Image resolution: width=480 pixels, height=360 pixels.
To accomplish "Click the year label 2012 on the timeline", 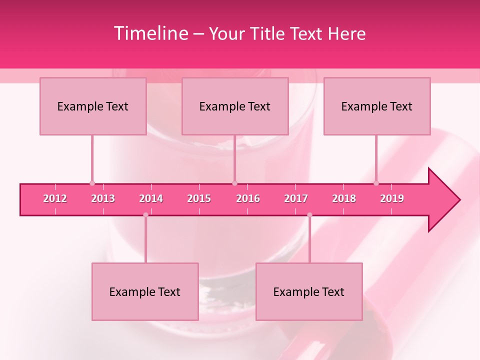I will coord(55,198).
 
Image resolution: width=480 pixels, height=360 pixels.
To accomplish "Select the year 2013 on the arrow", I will coord(103,198).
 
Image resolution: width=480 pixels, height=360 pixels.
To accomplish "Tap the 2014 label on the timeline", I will coord(151,198).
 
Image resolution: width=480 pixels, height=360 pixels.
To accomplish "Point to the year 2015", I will coord(199,198).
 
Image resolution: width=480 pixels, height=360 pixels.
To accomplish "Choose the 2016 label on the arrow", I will coord(248,198).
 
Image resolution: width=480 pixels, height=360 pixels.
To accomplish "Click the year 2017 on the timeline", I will coord(296,198).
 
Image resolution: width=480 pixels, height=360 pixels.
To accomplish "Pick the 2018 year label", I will coord(344,198).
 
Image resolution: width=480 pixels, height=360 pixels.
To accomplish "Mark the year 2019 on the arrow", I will coord(392,198).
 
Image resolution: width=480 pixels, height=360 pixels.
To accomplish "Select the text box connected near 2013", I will coord(93,106).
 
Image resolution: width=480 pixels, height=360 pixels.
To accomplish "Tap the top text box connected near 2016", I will coord(235,106).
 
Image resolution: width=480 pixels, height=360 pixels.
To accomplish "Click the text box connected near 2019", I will coord(377,106).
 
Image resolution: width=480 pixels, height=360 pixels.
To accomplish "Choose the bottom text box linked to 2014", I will coord(145,291).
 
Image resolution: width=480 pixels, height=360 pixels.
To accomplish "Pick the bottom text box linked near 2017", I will coord(309,291).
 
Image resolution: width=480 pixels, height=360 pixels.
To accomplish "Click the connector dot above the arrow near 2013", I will coord(92,183).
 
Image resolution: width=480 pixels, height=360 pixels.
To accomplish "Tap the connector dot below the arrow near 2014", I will coord(145,215).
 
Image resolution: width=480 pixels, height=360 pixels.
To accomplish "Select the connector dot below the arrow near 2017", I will coord(309,215).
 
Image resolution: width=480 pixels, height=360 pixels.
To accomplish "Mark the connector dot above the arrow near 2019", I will coord(376,183).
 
